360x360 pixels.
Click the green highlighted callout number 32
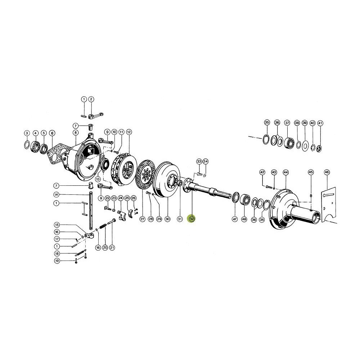pyautogui.click(x=192, y=219)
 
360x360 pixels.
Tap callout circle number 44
pyautogui.click(x=285, y=172)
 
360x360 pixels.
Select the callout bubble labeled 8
pyautogui.click(x=75, y=133)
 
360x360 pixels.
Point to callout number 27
pyautogui.click(x=142, y=219)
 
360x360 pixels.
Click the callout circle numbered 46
pyautogui.click(x=327, y=172)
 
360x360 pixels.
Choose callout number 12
pyautogui.click(x=129, y=132)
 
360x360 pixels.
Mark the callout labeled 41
pyautogui.click(x=320, y=123)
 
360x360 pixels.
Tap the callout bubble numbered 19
pyautogui.click(x=57, y=261)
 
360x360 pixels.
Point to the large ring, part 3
pyautogui.click(x=27, y=145)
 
